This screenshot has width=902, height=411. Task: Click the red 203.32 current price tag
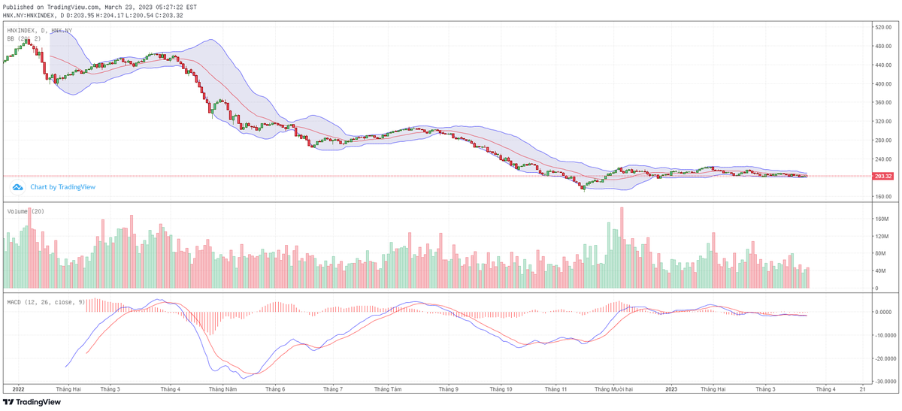tap(883, 177)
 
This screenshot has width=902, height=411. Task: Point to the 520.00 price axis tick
tap(883, 27)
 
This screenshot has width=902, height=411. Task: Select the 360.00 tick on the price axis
tap(883, 121)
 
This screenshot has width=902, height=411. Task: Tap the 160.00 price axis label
tap(883, 197)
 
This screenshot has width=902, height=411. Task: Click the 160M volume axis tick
tap(881, 219)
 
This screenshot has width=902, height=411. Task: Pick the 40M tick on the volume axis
tap(879, 271)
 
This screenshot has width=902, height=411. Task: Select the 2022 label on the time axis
tap(19, 389)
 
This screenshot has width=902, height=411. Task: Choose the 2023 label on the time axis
tap(673, 389)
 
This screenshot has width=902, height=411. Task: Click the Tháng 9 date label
tap(448, 389)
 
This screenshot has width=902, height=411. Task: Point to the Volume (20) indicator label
tap(26, 211)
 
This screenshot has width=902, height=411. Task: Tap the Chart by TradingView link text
tap(63, 187)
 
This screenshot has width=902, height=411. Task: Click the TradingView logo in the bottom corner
tap(32, 402)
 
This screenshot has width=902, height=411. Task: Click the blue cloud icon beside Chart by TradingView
tap(17, 187)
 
